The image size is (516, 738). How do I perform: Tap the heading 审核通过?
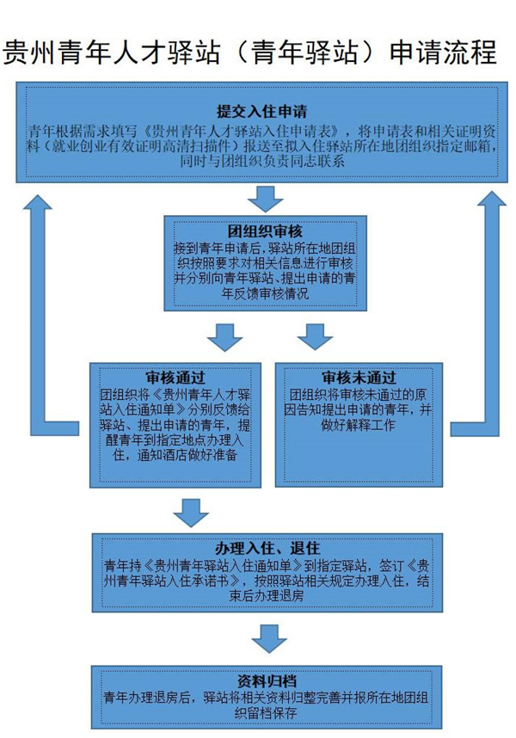175,378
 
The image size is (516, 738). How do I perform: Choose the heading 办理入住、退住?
267,548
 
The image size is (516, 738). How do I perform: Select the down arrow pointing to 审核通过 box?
225,336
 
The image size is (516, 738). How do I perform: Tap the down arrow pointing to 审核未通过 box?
315,336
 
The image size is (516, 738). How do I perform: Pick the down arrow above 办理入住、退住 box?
191,514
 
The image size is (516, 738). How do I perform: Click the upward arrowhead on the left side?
40,204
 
